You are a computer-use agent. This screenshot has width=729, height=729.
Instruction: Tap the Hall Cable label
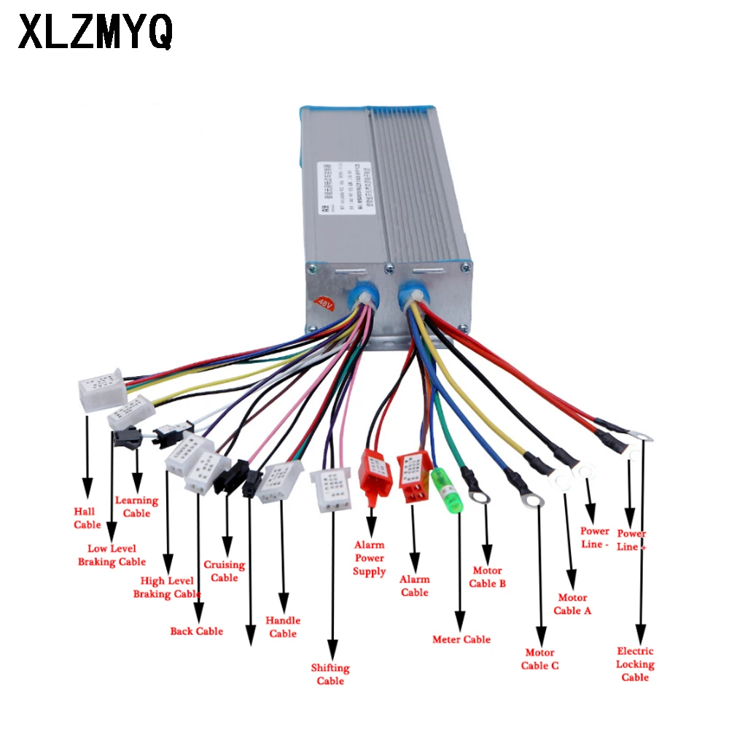pyautogui.click(x=87, y=518)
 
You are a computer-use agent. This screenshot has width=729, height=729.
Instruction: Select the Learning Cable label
pyautogui.click(x=136, y=507)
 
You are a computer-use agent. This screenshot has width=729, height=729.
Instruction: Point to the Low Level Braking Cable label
pyautogui.click(x=112, y=555)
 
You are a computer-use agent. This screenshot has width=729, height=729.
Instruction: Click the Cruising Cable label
pyautogui.click(x=224, y=571)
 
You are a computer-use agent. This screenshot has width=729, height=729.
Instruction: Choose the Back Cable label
pyautogui.click(x=196, y=631)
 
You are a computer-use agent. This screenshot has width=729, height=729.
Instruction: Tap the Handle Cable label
pyautogui.click(x=283, y=627)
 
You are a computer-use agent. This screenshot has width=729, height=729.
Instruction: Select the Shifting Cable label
pyautogui.click(x=330, y=674)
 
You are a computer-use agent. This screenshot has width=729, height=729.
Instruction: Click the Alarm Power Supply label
pyautogui.click(x=370, y=558)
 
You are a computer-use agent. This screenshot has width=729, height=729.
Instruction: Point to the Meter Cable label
pyautogui.click(x=461, y=639)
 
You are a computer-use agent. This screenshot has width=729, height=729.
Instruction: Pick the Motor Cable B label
pyautogui.click(x=487, y=577)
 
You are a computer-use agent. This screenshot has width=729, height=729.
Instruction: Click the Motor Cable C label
pyautogui.click(x=539, y=659)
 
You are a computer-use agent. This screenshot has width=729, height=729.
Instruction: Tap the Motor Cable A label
pyautogui.click(x=572, y=604)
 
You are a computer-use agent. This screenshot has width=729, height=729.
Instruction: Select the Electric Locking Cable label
pyautogui.click(x=635, y=664)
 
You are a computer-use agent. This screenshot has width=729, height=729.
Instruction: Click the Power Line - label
pyautogui.click(x=595, y=537)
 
